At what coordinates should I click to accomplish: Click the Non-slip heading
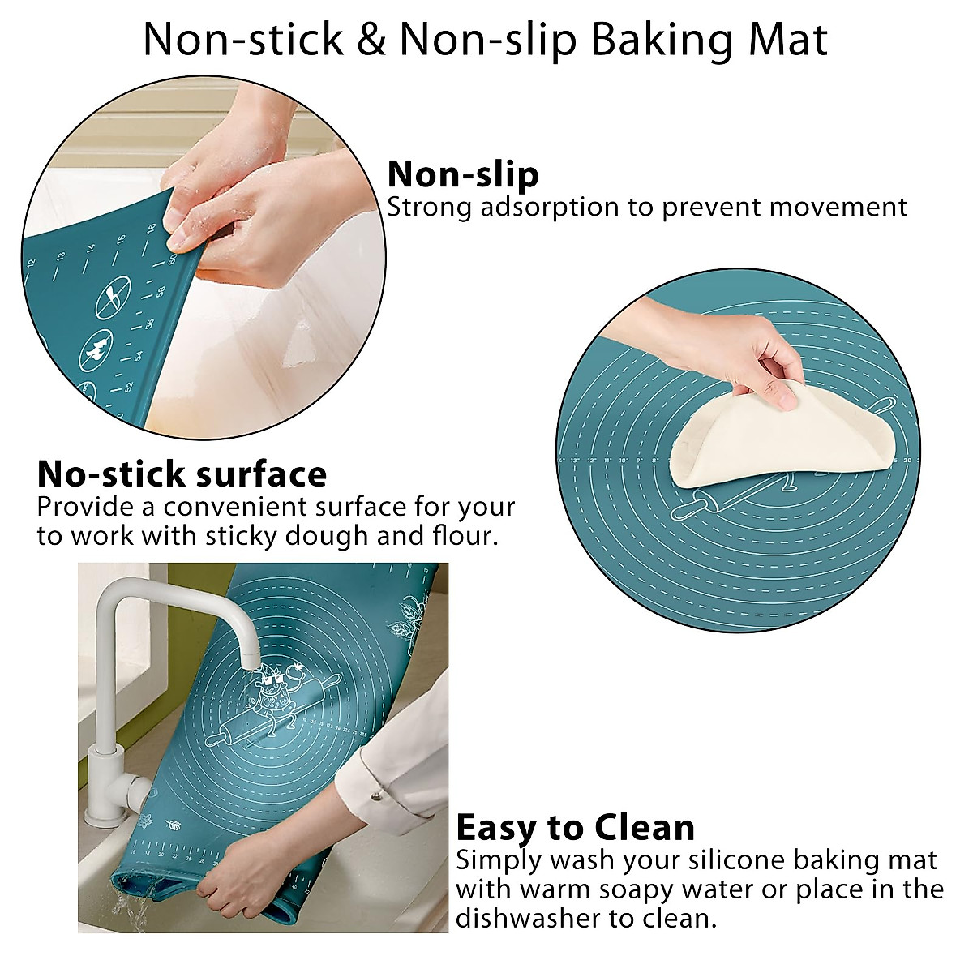pyautogui.click(x=463, y=174)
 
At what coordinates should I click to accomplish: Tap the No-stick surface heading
pyautogui.click(x=182, y=474)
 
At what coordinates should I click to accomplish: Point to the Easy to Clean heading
pyautogui.click(x=575, y=828)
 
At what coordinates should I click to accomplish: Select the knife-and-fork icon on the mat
pyautogui.click(x=114, y=298)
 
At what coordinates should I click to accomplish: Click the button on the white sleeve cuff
pyautogui.click(x=375, y=774)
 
